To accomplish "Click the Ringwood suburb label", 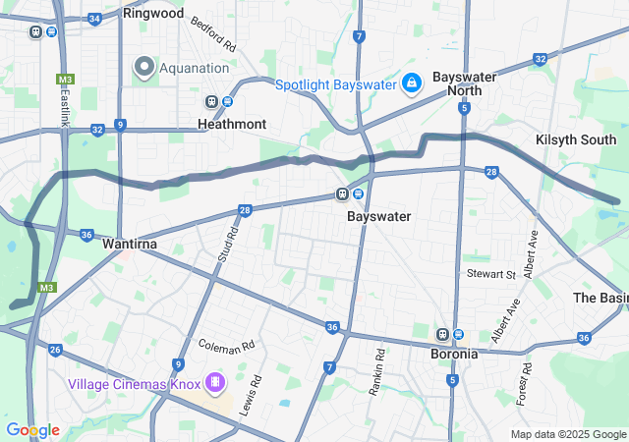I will tap(152, 14).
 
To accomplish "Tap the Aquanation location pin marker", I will tap(145, 67).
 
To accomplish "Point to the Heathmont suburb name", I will tap(232, 125).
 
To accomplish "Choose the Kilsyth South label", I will tap(576, 140).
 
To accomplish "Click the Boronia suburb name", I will tap(454, 354).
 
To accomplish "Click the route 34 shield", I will tap(94, 19).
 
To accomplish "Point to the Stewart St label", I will tap(491, 273).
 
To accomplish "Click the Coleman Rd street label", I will tap(226, 346).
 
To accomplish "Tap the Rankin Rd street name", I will tap(377, 371).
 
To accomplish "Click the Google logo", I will tap(32, 430).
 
